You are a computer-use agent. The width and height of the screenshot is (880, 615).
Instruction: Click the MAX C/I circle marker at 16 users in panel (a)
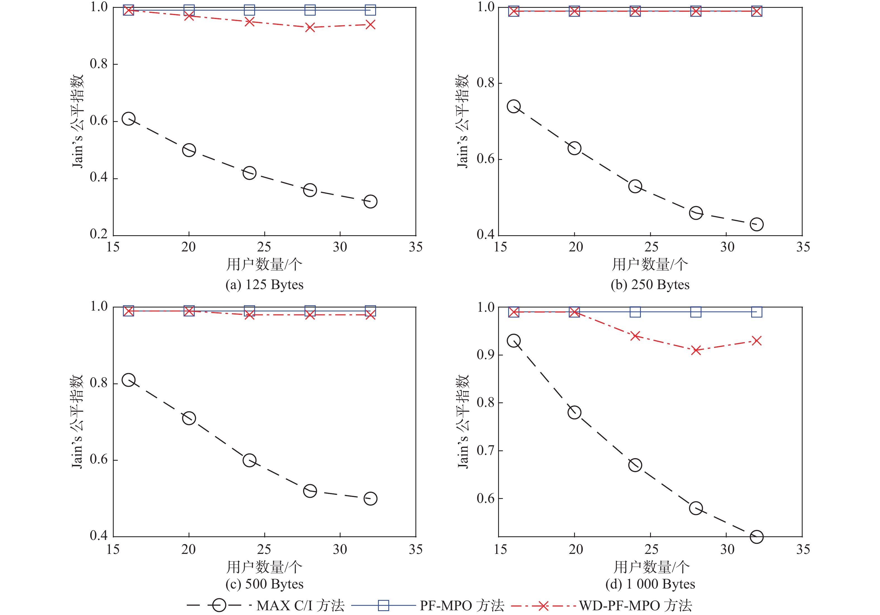point(129,119)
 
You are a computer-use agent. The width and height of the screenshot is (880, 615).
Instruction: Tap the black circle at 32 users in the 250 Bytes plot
point(756,224)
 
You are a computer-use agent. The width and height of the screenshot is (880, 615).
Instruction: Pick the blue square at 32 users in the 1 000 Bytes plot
point(756,312)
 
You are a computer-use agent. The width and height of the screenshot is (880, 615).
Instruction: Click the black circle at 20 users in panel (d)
point(574,412)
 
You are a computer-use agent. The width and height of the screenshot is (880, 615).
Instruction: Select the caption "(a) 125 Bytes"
point(265,285)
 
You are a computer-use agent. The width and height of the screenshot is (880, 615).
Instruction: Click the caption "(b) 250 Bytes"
point(650,285)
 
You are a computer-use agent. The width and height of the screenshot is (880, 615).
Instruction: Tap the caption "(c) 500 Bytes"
point(265,584)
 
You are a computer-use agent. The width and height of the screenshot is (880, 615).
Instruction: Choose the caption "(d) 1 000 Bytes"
point(650,584)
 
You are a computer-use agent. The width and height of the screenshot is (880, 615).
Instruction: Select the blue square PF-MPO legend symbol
point(383,606)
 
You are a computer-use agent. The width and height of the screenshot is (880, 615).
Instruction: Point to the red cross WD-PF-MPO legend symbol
point(543,606)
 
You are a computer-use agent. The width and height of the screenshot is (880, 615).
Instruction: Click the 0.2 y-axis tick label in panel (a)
point(99,234)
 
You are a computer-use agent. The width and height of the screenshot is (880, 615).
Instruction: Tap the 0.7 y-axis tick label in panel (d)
point(485,451)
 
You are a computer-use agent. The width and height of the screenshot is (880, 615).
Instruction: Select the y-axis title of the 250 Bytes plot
point(463,121)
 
